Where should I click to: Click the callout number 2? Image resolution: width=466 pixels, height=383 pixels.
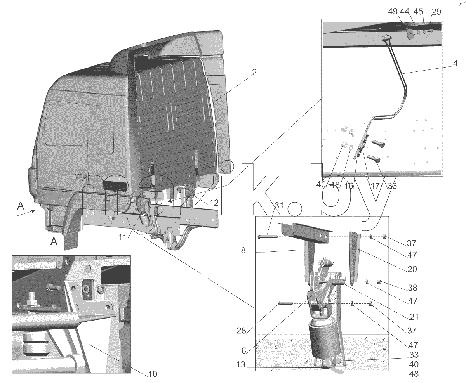click(254, 73)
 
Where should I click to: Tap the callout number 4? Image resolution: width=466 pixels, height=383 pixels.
click(455, 63)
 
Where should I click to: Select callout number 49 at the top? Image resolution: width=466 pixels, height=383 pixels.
click(393, 12)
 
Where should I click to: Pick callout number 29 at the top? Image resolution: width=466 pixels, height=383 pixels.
click(436, 12)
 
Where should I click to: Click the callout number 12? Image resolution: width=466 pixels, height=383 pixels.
click(214, 203)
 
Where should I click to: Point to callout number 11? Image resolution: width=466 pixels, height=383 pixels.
click(123, 237)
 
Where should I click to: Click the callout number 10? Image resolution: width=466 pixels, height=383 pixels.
click(153, 374)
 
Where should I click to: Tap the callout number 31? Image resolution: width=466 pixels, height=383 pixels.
click(279, 206)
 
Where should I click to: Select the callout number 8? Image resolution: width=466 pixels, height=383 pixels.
click(243, 250)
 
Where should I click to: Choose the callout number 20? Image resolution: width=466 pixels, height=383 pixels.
click(412, 269)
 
